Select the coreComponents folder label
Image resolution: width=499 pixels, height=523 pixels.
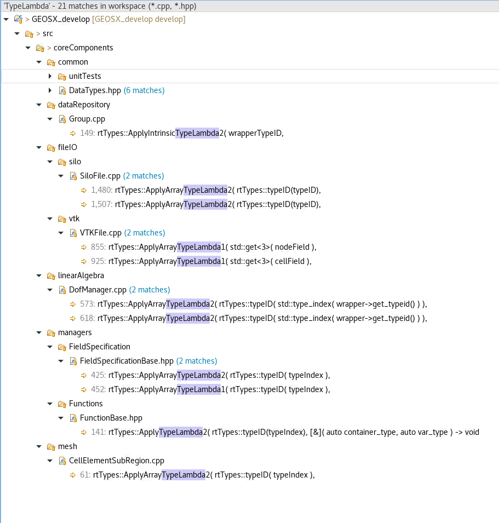(83, 48)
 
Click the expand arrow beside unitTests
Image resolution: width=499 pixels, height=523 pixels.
(50, 76)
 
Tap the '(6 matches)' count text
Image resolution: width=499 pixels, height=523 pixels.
(144, 90)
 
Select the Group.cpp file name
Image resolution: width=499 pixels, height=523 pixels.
(87, 119)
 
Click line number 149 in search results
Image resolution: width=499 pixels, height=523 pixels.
(87, 133)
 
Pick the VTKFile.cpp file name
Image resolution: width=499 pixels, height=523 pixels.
(100, 233)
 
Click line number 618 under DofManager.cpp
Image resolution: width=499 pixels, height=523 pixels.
(88, 318)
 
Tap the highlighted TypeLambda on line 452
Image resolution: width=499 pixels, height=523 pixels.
(198, 389)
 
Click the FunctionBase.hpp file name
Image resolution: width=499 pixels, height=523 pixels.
(111, 418)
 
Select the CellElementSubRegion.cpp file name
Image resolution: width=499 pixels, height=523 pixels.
(116, 461)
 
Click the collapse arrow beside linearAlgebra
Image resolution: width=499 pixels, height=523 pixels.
(39, 275)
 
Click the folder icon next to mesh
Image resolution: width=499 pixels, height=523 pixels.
(51, 446)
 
